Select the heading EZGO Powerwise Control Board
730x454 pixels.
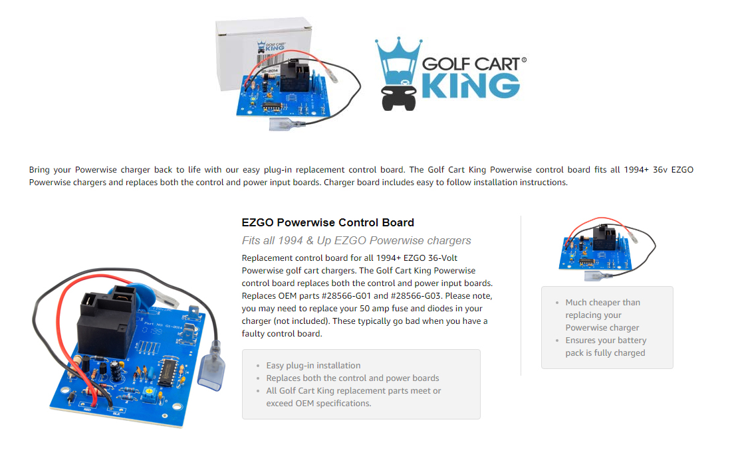(328, 223)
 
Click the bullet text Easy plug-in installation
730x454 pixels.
(313, 365)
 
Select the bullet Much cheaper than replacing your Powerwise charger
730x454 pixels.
(602, 315)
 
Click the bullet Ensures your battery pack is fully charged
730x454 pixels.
(605, 346)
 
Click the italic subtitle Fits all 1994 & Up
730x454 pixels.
(356, 241)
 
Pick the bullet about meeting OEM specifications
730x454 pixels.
(353, 397)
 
